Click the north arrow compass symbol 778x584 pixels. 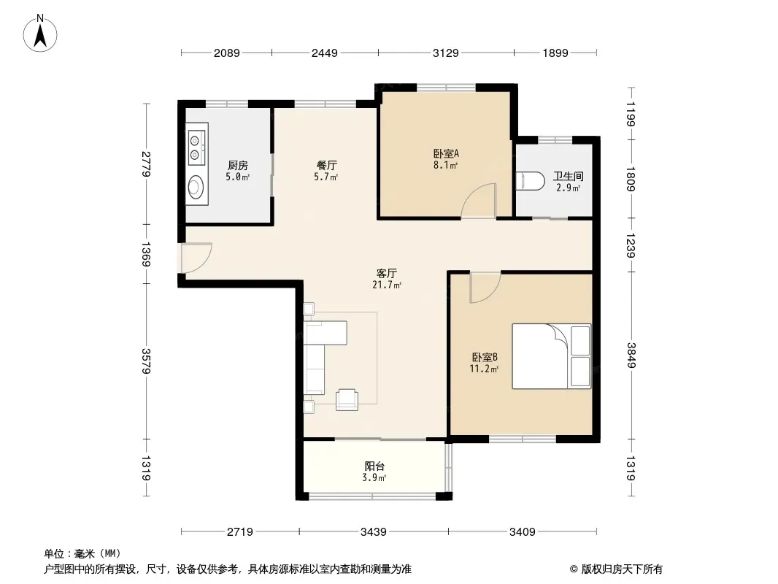(40, 34)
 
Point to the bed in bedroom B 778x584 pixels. (551, 356)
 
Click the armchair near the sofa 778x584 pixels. (347, 400)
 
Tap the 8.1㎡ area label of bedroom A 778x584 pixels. (446, 165)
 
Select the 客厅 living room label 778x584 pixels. (387, 274)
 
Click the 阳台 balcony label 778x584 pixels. (374, 466)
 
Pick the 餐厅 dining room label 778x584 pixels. (327, 165)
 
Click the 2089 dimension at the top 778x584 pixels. (227, 53)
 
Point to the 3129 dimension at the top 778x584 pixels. (446, 53)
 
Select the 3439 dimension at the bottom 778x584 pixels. (373, 532)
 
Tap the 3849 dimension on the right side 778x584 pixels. (631, 356)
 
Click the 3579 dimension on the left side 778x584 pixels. (145, 361)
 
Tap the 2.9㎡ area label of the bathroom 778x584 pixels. (568, 188)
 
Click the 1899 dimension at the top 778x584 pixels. (555, 53)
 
